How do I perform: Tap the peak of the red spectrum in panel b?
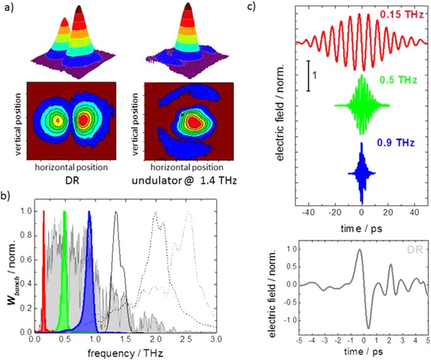(x=43, y=213)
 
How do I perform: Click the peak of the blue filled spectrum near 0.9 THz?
(x=90, y=213)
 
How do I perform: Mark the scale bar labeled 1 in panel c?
(x=308, y=76)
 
